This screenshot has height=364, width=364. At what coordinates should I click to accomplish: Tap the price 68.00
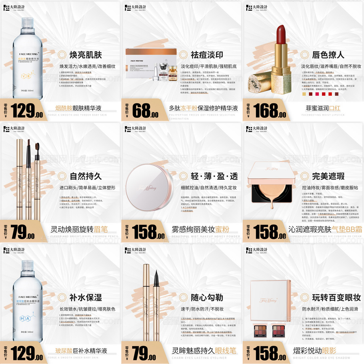(145, 110)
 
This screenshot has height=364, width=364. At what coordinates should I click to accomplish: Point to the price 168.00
(267, 110)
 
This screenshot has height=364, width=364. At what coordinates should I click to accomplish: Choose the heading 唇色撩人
(328, 55)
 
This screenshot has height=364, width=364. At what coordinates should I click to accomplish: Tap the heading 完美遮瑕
(328, 176)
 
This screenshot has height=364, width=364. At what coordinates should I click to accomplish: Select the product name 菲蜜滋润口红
(324, 108)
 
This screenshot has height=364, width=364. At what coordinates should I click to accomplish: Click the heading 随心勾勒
(207, 298)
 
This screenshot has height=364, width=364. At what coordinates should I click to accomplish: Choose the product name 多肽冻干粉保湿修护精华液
(203, 108)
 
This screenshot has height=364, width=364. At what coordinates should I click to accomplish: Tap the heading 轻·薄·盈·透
(214, 176)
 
